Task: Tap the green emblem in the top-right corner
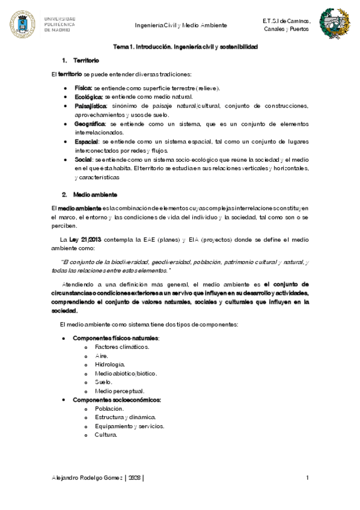coord(332,24)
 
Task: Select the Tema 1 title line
coord(186,46)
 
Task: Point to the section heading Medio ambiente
coord(95,195)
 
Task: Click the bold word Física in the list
coord(84,88)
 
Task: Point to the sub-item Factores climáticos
coord(122,346)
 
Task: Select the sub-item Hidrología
coord(110,364)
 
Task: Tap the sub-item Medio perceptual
coord(118,391)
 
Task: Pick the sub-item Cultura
coord(106,435)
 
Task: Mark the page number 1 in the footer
coord(307,478)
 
